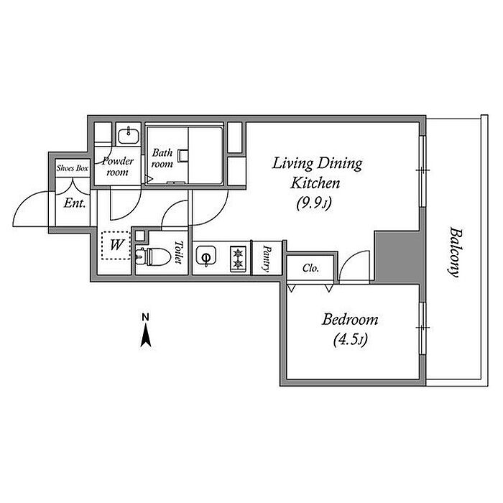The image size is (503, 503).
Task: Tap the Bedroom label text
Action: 350,320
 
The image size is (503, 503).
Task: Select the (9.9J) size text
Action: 314,203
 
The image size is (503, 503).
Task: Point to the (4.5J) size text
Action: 351,339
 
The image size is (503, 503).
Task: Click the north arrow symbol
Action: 146,336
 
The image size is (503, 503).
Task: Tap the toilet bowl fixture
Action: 153,257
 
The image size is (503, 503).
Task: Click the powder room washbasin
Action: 129,136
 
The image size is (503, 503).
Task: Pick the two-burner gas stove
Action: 238,259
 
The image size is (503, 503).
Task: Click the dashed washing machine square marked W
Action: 116,246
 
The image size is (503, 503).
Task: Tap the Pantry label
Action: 267,258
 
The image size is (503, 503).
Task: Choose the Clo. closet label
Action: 310,268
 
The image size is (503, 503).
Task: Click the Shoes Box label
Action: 73,167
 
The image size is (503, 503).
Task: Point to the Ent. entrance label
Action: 75,203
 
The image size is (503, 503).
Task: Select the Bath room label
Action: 162,158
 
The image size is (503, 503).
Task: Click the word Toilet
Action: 178,252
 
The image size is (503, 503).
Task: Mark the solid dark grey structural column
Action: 398,257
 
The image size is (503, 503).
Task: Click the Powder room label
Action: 117,167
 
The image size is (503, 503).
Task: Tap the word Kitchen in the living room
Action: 315,183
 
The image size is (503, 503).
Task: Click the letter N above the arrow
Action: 146,318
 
